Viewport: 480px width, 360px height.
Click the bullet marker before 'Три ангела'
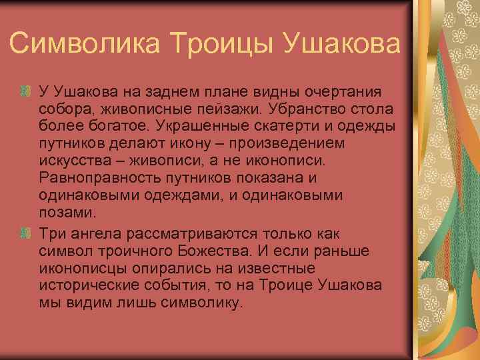click(x=26, y=233)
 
